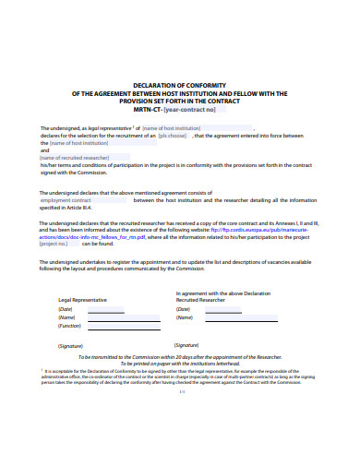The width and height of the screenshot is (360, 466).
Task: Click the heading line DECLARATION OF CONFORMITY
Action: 179,82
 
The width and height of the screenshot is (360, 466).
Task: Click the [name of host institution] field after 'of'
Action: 172,127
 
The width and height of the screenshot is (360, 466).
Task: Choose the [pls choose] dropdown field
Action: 173,136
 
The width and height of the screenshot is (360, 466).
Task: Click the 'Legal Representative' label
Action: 82,300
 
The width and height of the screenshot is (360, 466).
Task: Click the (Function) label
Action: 70,326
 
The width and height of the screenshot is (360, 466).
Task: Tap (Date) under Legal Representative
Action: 66,309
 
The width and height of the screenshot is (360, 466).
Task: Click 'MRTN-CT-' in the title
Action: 148,110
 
